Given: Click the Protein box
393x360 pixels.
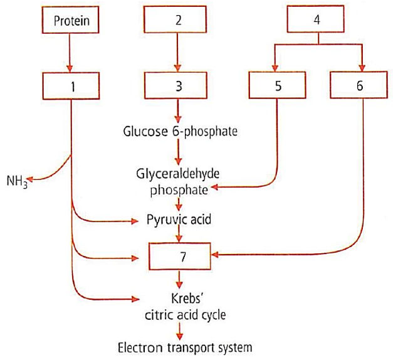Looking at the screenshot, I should coord(71,20).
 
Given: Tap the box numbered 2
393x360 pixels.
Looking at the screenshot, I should coord(178,20).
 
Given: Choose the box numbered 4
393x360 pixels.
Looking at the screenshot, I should coord(318,20).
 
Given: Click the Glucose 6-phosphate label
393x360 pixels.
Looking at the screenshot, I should coord(179,131).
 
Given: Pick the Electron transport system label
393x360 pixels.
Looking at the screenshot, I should coord(181,347).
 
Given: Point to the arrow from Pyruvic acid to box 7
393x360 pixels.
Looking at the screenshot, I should coord(181,233).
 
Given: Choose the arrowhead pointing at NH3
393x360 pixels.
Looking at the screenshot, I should coord(30,181).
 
